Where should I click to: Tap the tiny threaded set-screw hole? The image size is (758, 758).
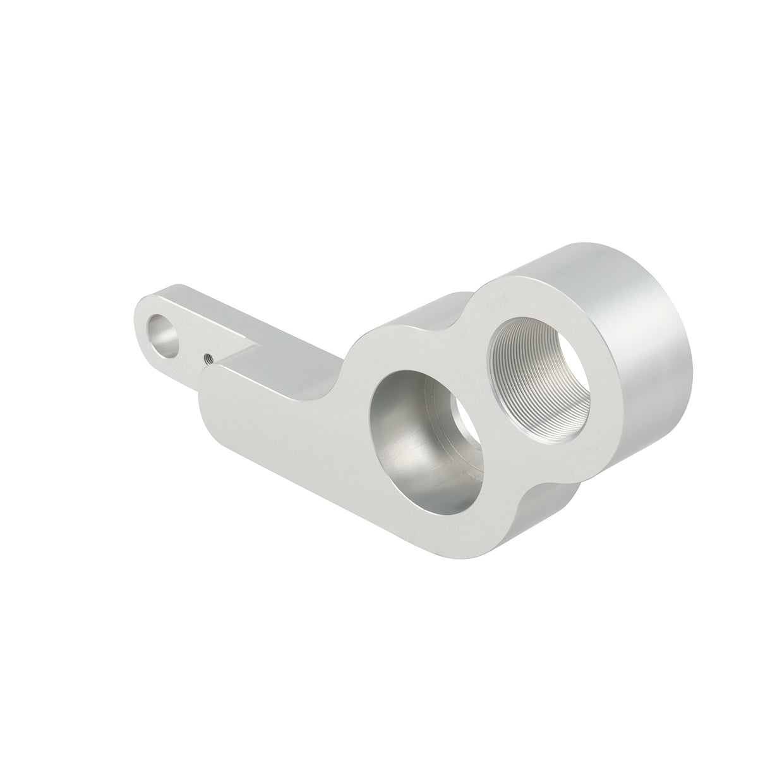click(207, 359)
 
